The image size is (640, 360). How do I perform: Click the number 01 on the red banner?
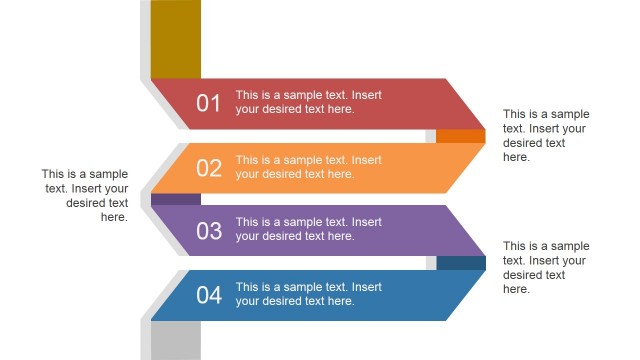tap(208, 103)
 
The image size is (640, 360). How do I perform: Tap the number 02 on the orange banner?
tap(208, 167)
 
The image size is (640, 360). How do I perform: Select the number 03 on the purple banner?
tap(208, 231)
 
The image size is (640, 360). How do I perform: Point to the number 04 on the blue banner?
tap(208, 295)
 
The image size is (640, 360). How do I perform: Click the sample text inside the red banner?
tap(308, 102)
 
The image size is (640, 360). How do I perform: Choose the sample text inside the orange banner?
tap(308, 167)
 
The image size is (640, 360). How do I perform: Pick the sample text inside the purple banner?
tap(308, 229)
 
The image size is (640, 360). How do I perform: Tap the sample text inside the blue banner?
tap(308, 294)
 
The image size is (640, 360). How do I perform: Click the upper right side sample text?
tap(546, 135)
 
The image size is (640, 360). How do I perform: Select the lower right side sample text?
tap(546, 267)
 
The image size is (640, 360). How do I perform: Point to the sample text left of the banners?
tap(86, 195)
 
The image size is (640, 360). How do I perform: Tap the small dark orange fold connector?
tap(460, 136)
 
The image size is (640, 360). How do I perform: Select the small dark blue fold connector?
tap(460, 263)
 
